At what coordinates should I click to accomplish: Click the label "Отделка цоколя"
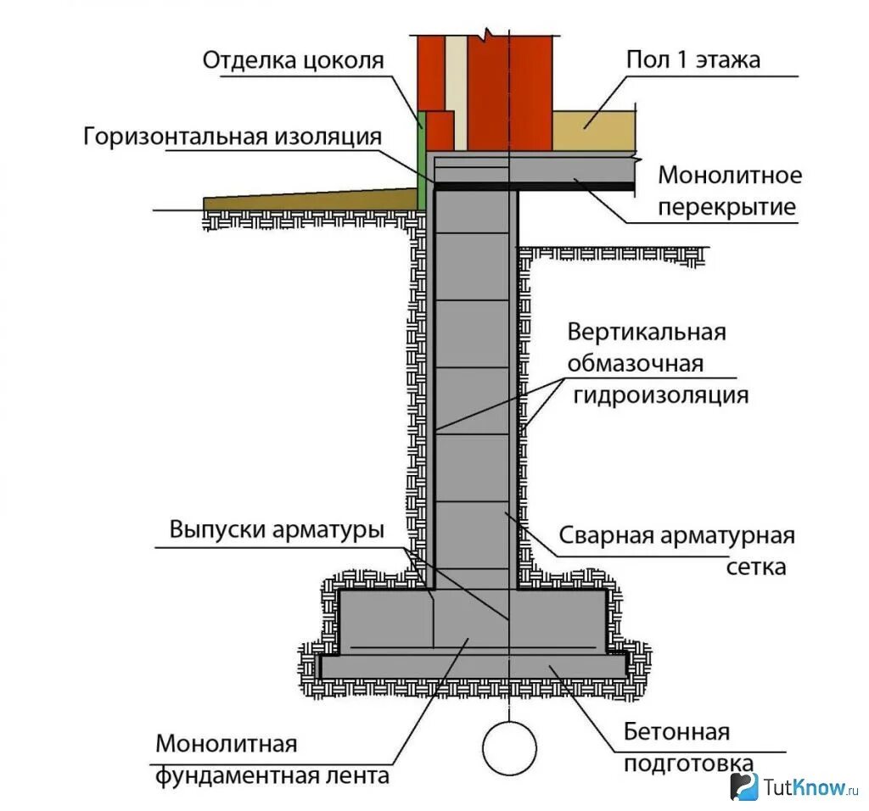click(x=293, y=61)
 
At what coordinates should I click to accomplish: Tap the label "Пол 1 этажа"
click(x=692, y=61)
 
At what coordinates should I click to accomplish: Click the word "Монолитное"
click(x=730, y=176)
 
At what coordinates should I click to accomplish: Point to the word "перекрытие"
click(x=727, y=207)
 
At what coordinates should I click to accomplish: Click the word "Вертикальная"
click(x=647, y=331)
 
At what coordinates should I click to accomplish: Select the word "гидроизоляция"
click(x=661, y=394)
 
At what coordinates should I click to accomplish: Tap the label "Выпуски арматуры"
click(x=277, y=529)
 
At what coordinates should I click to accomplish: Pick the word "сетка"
click(x=756, y=567)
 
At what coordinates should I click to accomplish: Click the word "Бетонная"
click(x=676, y=731)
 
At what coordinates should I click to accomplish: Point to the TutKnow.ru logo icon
click(x=744, y=786)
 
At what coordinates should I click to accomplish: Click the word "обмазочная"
click(x=636, y=363)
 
